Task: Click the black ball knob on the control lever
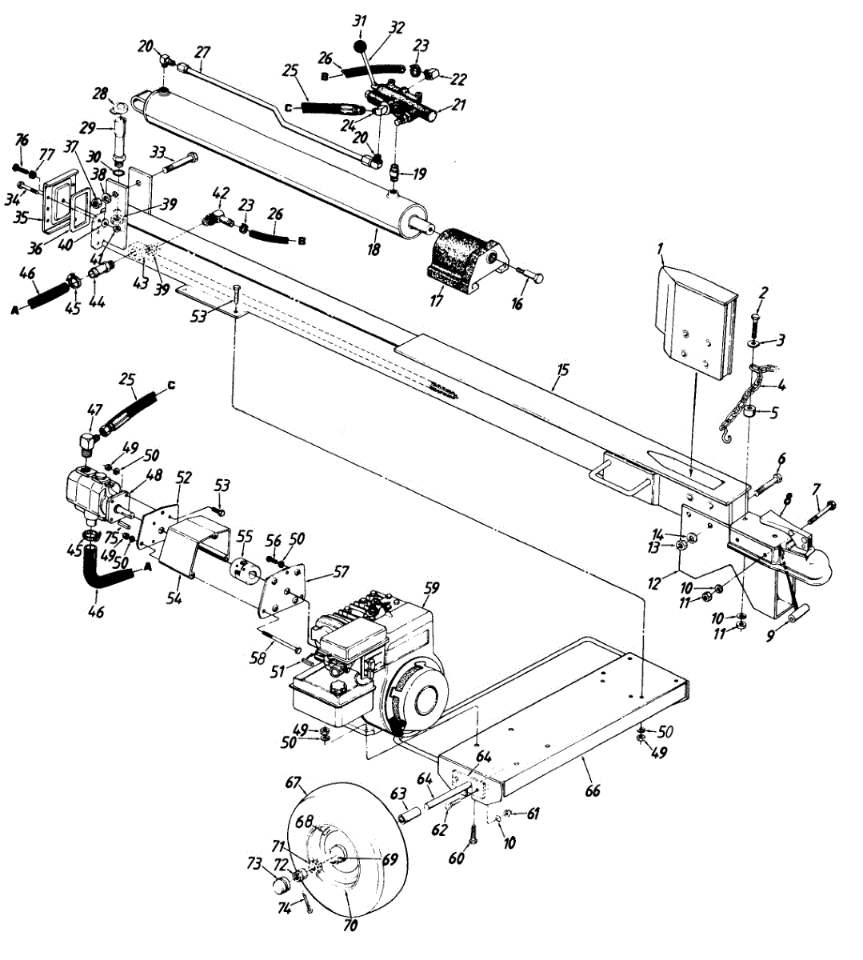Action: pos(359,37)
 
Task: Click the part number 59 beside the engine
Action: pos(431,587)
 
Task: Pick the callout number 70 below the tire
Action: pos(350,926)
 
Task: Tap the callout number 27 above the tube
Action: pos(203,52)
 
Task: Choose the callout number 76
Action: pos(21,142)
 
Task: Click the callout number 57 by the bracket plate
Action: pos(342,573)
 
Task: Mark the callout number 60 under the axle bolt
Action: pos(455,858)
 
